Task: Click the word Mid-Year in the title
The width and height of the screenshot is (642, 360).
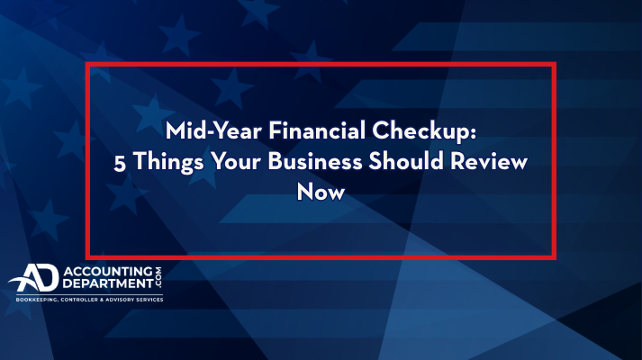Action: click(x=213, y=130)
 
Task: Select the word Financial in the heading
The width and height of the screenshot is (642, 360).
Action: click(x=317, y=130)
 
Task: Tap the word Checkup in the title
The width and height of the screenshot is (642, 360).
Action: click(x=420, y=132)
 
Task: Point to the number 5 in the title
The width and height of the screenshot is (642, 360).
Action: click(x=120, y=163)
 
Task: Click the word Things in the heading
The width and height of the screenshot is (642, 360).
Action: click(x=168, y=162)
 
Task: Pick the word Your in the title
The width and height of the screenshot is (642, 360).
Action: click(x=236, y=161)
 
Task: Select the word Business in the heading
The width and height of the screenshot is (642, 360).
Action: click(x=315, y=161)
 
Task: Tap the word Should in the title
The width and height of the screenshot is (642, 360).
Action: click(x=406, y=161)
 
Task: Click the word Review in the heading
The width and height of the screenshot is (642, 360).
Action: click(x=489, y=161)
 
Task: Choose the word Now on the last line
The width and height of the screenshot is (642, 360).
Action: click(x=321, y=192)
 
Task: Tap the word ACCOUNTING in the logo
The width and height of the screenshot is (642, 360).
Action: click(x=108, y=271)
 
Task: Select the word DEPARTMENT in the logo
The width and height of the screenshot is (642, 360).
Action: click(x=108, y=283)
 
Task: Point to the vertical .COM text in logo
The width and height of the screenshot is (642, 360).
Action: click(x=158, y=277)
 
